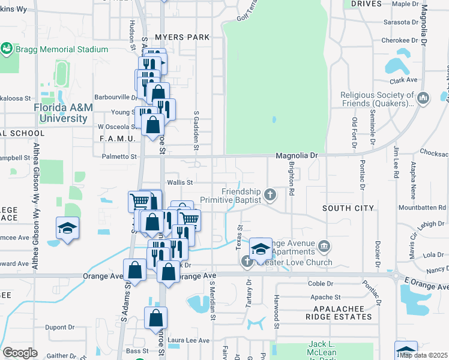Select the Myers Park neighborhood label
click(182, 37)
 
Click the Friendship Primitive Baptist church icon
click(271, 194)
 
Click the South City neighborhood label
click(348, 208)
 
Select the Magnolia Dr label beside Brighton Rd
click(296, 156)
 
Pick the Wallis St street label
click(179, 182)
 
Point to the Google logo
click(20, 352)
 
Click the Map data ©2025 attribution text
click(423, 355)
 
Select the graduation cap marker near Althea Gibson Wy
click(67, 228)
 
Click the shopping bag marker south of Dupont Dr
click(155, 319)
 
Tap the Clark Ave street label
click(403, 80)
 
